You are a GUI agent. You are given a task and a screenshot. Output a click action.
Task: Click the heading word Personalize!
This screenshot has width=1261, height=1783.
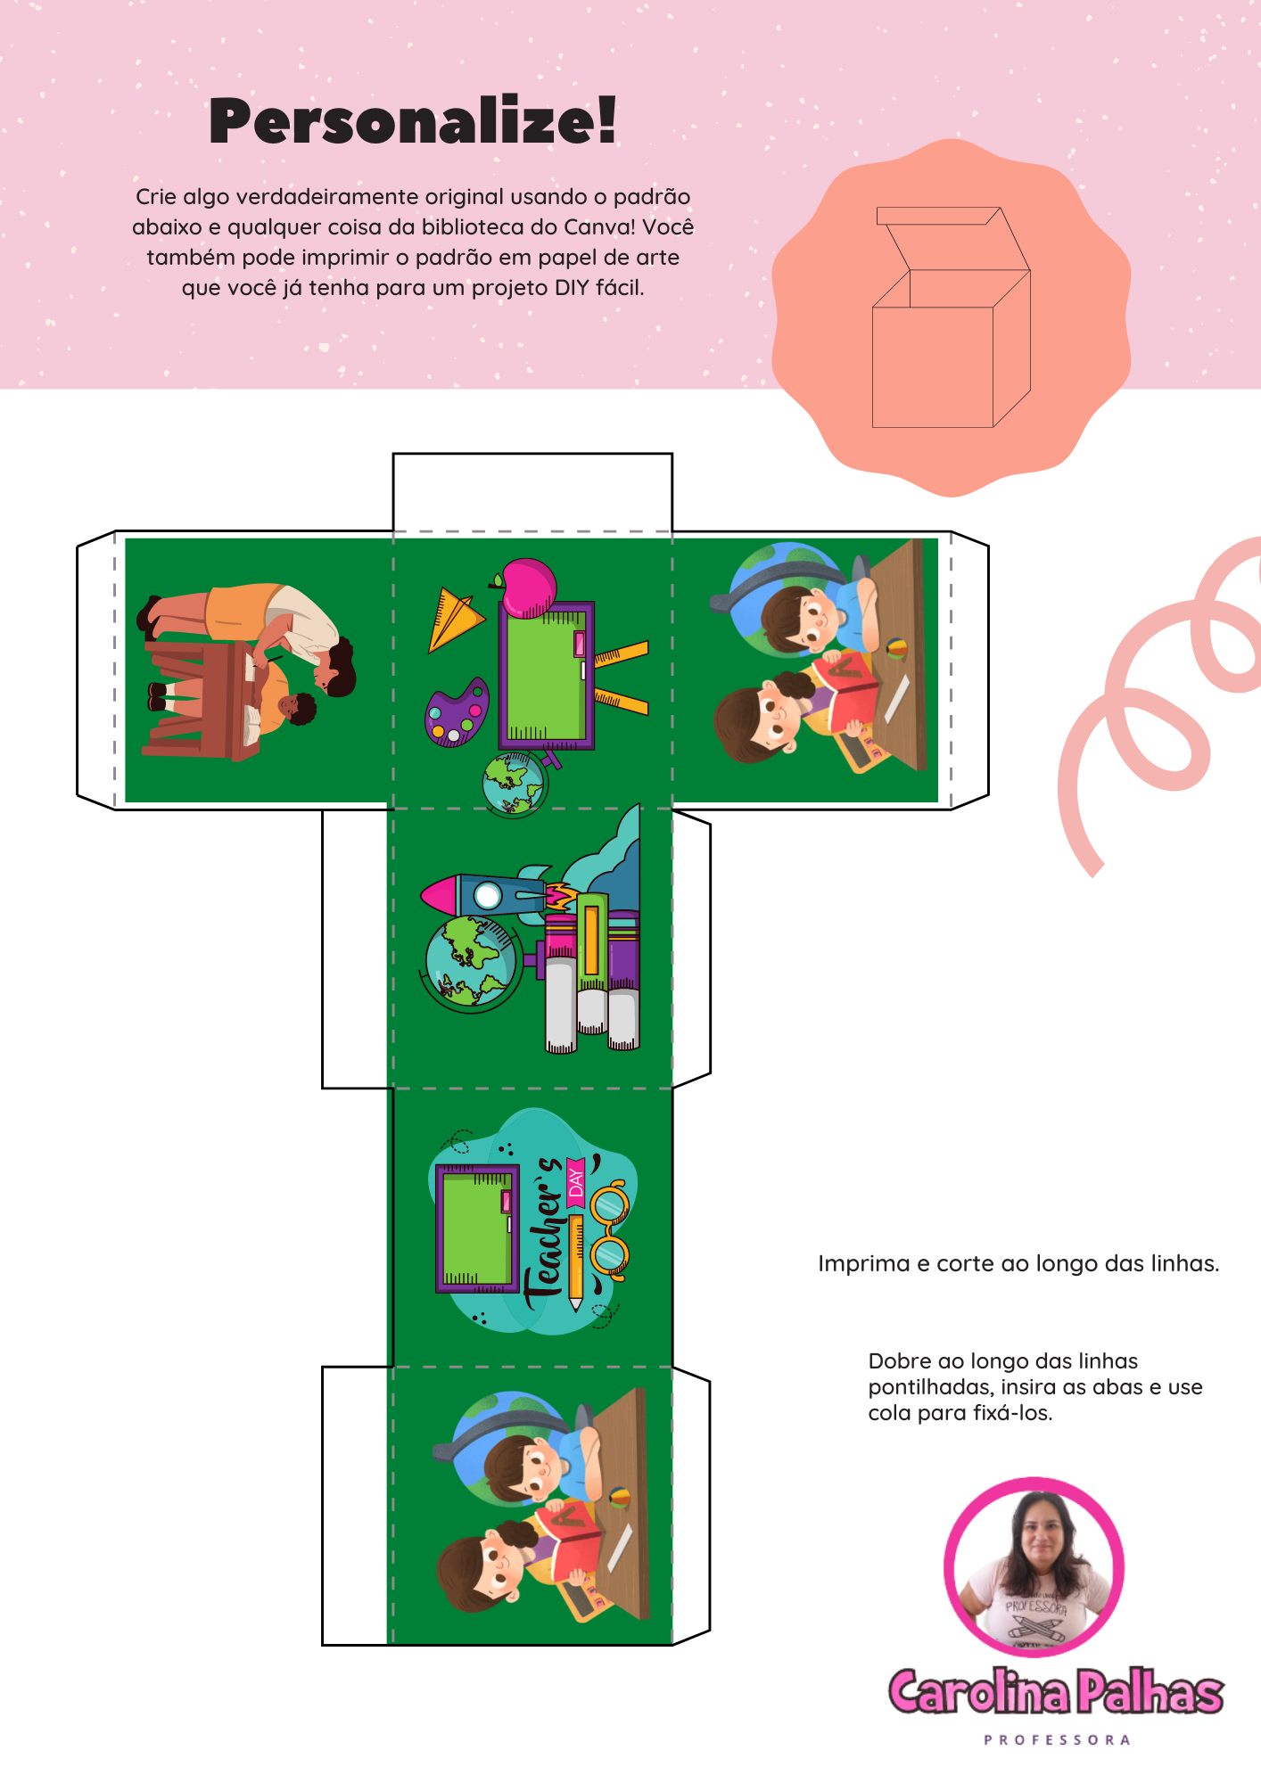tap(413, 121)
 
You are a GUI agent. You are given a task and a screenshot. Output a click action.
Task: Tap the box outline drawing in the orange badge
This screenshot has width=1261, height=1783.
tap(952, 317)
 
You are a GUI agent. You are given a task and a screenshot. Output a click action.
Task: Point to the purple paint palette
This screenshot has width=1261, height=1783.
tap(457, 713)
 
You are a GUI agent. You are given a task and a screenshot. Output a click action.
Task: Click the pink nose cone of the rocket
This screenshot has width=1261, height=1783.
tap(440, 894)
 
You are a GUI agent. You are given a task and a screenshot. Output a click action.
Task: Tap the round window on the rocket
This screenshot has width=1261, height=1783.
tap(487, 894)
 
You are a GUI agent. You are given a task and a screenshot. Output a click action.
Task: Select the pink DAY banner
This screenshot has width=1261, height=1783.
tap(575, 1182)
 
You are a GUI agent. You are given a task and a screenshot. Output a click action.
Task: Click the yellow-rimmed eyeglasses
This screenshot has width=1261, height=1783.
tap(611, 1230)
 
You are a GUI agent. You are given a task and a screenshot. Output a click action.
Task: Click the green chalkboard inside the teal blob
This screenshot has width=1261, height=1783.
tap(477, 1228)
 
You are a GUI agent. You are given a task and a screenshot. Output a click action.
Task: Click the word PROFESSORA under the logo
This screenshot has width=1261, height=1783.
tap(1057, 1739)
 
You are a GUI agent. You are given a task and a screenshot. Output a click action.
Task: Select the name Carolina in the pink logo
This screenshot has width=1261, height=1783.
tap(979, 1690)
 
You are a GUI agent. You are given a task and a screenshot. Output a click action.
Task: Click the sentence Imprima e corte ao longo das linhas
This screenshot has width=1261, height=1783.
tap(1018, 1264)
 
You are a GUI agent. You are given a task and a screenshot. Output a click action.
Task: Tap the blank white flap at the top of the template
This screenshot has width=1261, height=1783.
tap(532, 492)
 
